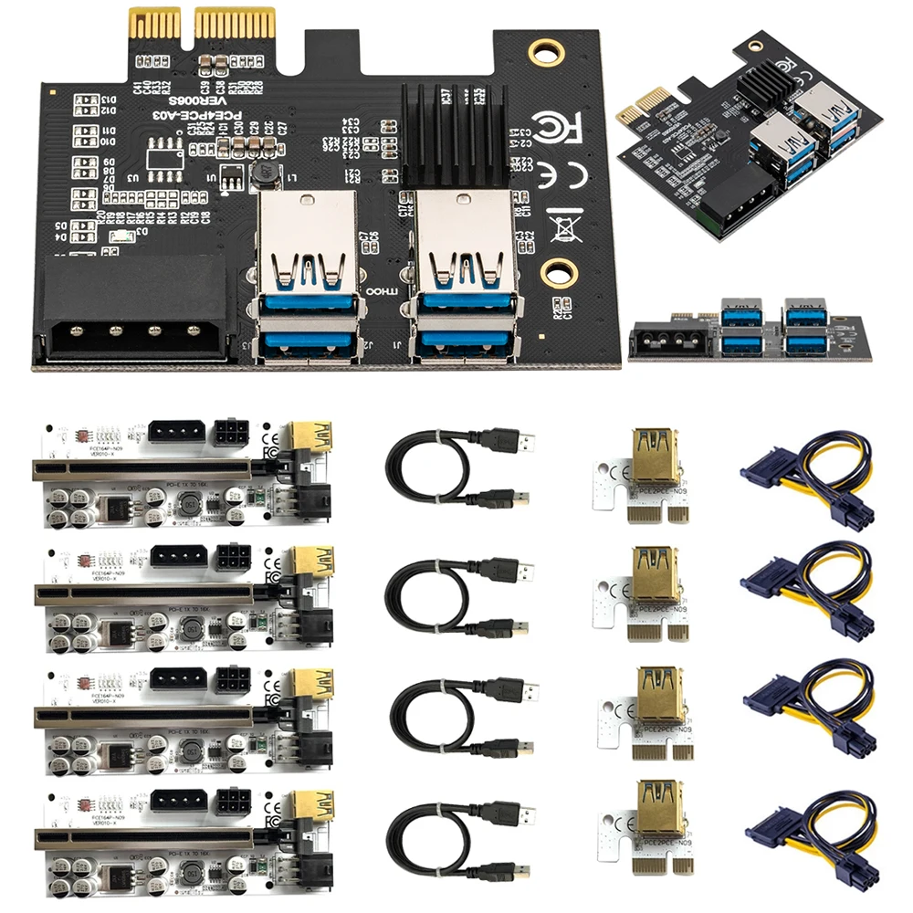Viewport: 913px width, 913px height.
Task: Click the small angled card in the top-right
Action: coord(749,137)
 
